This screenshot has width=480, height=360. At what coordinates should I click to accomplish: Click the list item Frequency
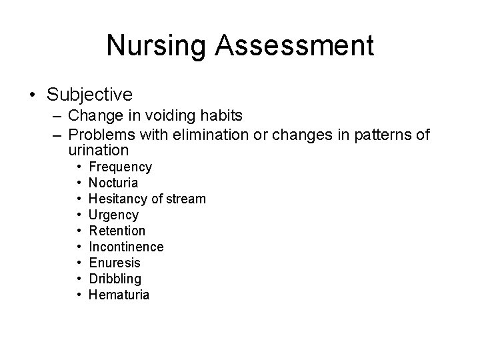120,167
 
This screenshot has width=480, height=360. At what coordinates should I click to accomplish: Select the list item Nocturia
113,183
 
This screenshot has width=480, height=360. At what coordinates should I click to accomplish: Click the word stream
187,199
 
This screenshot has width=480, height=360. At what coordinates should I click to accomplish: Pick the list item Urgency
113,215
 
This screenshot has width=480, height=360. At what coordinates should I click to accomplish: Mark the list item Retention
117,231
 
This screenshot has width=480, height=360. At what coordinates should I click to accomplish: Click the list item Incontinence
126,247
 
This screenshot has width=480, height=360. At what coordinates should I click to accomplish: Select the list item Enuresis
115,263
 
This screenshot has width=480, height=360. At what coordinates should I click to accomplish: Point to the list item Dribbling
115,279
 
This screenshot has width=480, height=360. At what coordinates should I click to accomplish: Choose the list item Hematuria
119,295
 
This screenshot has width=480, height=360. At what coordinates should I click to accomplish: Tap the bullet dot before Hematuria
79,295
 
